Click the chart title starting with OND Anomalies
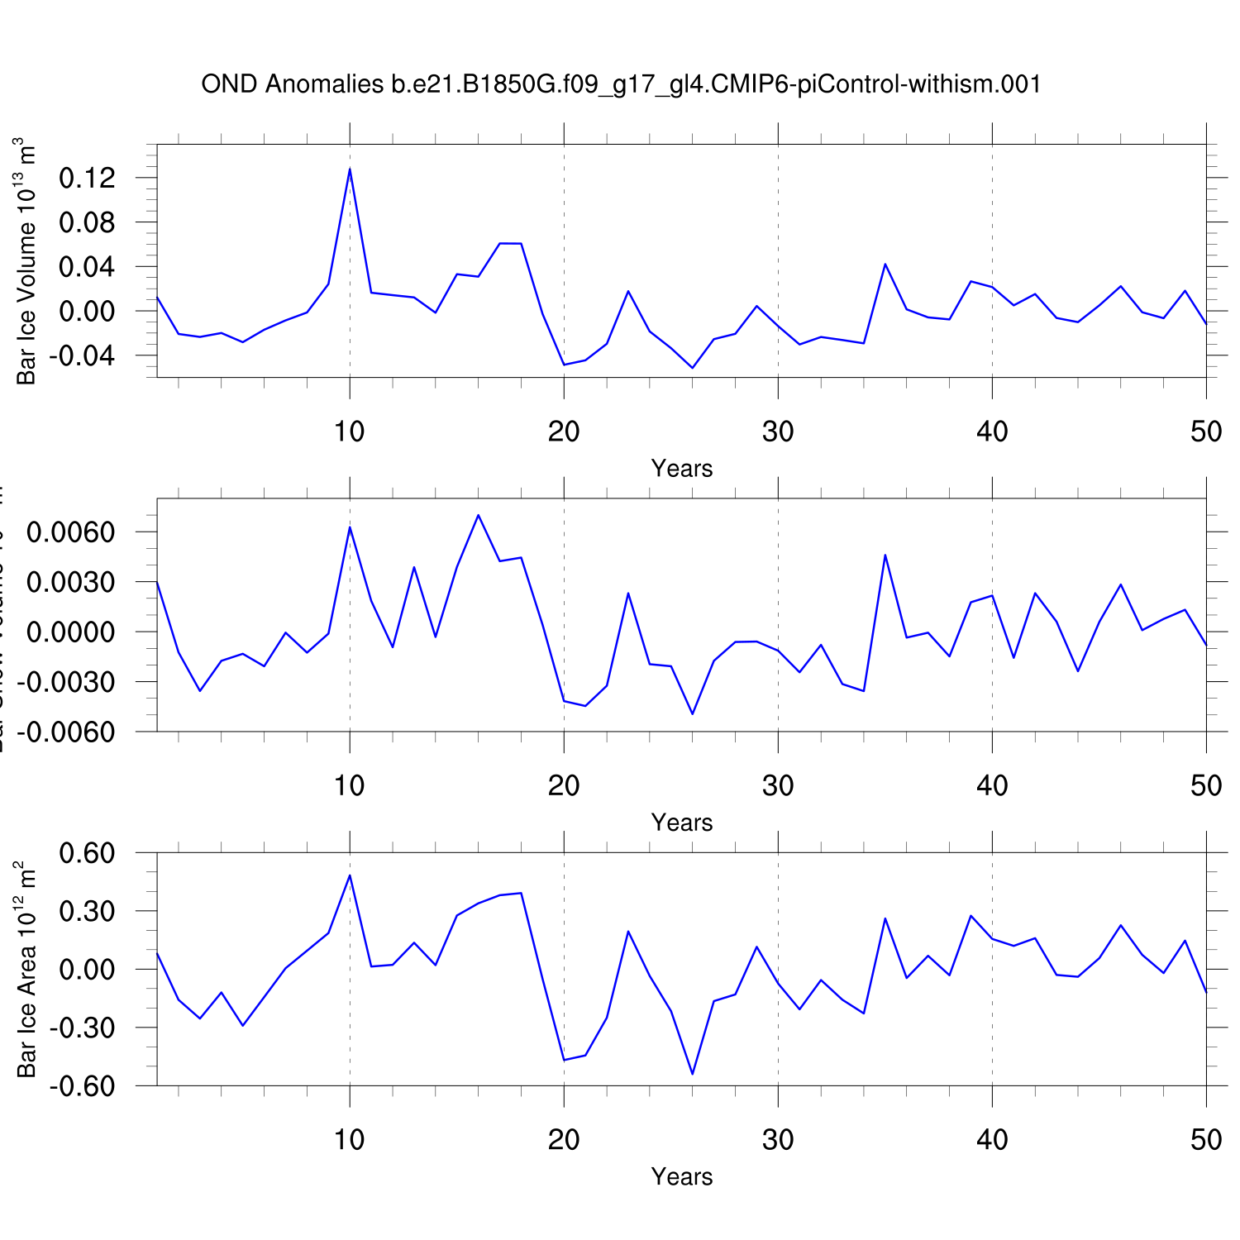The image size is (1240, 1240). pos(621,84)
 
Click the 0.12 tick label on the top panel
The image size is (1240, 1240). pos(86,178)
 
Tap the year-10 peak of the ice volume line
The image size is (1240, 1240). pos(350,169)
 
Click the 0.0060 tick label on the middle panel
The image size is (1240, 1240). pos(70,532)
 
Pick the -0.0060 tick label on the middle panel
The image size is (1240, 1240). pos(65,732)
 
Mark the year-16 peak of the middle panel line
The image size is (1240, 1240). pos(478,516)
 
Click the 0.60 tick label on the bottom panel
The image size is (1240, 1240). pos(86,853)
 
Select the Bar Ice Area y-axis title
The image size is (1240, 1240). pos(26,969)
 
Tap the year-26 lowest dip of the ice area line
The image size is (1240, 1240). pos(692,1073)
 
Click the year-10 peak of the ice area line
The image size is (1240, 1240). pos(350,875)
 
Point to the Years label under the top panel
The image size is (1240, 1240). pos(681,469)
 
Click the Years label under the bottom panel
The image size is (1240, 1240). pos(681,1176)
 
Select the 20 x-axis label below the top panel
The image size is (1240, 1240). pos(564,432)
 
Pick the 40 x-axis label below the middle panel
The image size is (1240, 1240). pos(992,785)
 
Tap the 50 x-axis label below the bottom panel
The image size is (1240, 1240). pos(1206,1140)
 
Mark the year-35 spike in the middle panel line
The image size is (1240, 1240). pos(885,556)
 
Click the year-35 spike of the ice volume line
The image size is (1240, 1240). pos(885,265)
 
